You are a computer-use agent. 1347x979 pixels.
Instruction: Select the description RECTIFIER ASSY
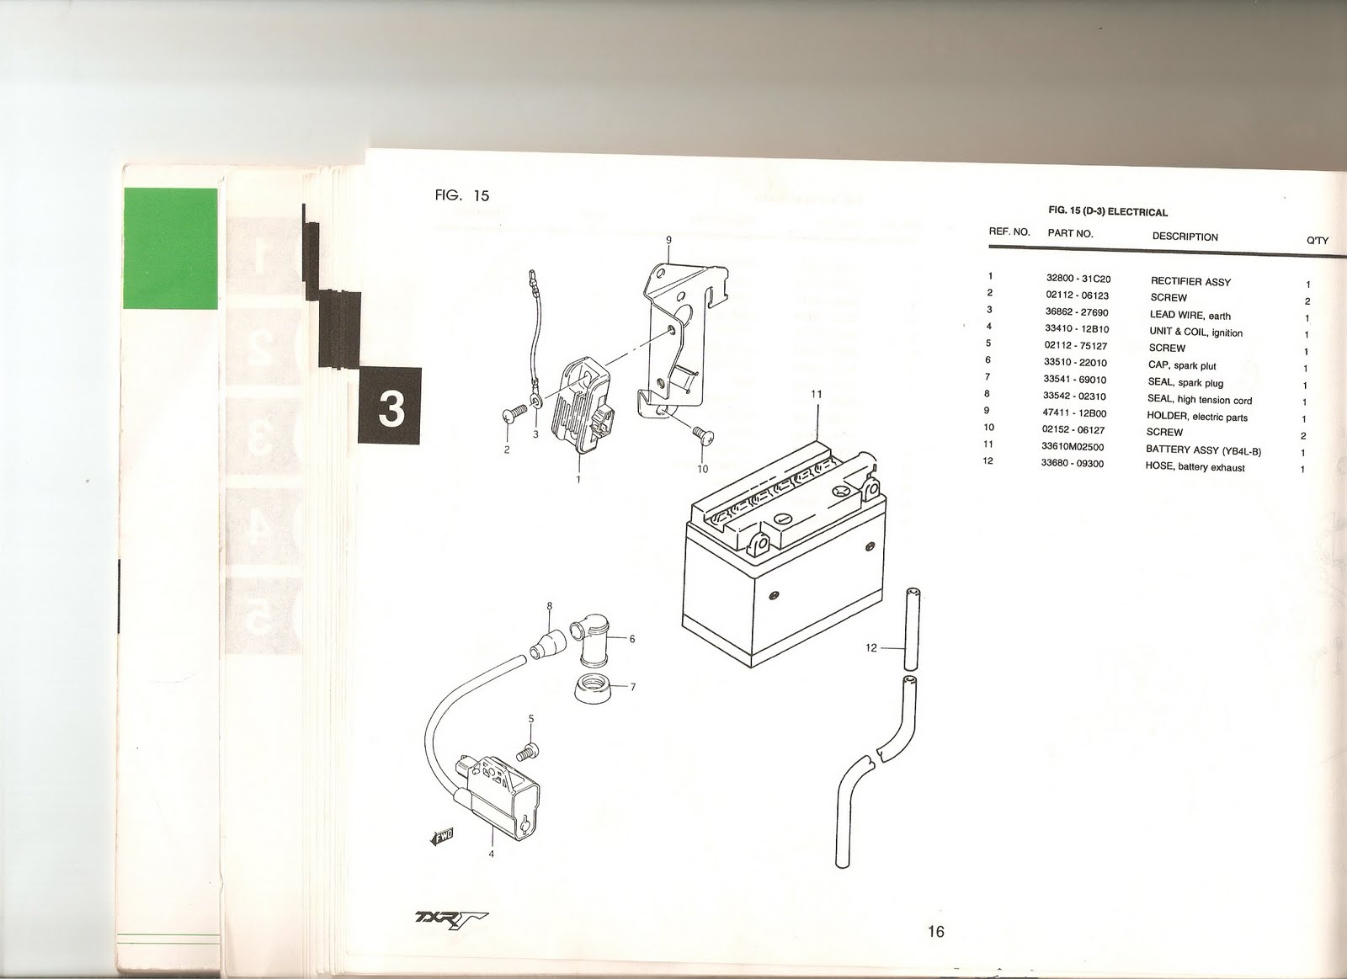1190,281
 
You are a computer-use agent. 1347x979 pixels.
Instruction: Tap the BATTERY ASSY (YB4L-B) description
1203,450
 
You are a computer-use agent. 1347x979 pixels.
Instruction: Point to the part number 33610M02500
1073,447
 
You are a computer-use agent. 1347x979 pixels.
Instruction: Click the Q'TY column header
1318,241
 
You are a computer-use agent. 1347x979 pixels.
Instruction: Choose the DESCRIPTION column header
1185,237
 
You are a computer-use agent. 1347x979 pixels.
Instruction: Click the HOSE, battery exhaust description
1195,467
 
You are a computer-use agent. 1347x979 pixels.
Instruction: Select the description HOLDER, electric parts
1196,416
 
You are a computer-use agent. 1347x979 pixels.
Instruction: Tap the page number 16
935,932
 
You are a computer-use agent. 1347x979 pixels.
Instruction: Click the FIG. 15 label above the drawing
462,195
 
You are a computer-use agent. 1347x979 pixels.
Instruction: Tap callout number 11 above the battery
816,394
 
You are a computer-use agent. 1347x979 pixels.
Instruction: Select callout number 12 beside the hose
870,648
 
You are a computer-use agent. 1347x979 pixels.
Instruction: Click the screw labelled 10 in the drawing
703,434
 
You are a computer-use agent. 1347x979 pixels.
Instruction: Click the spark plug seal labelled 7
594,689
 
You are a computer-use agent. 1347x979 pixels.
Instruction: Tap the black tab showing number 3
391,406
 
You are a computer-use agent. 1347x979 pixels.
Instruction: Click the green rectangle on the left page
171,248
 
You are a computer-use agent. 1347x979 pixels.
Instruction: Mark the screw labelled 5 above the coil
528,753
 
